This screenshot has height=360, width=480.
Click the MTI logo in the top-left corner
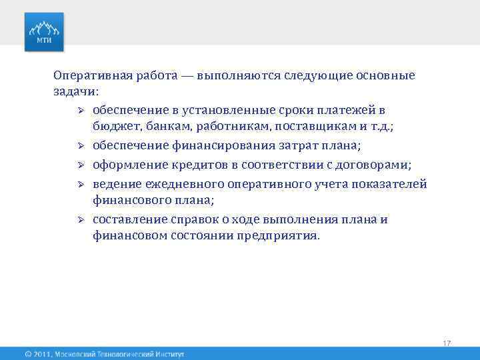[x=45, y=31]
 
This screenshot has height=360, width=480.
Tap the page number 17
[x=447, y=343]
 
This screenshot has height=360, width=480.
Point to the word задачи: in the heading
[x=75, y=91]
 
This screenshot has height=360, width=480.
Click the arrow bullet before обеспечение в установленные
[x=79, y=110]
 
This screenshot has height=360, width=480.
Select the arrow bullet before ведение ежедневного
[x=79, y=183]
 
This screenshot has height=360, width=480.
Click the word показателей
[x=390, y=183]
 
